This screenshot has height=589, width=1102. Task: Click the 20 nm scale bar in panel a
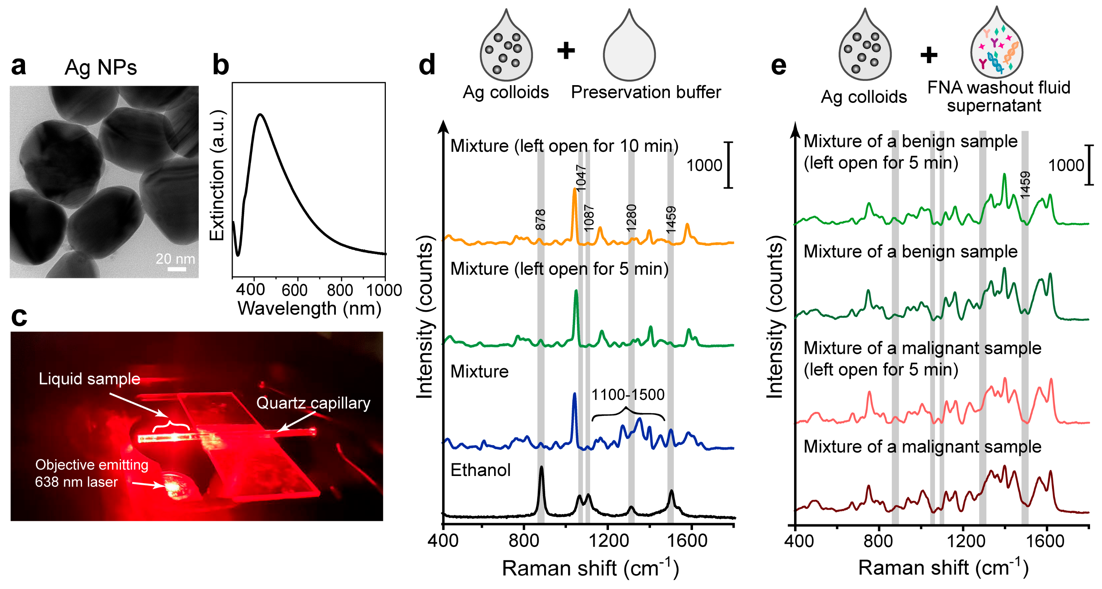(x=177, y=269)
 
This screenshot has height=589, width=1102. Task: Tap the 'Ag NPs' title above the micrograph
(x=101, y=68)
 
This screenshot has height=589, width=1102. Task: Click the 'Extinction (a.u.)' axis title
(x=217, y=175)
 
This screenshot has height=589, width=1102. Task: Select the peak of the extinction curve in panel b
(x=260, y=114)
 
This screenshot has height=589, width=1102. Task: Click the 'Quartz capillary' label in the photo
(x=313, y=403)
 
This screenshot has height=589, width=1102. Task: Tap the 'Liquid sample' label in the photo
(x=89, y=379)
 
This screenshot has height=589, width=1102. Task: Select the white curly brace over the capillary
(x=171, y=426)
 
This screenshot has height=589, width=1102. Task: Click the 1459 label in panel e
(x=1025, y=185)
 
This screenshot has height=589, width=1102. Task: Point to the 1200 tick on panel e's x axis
(x=963, y=541)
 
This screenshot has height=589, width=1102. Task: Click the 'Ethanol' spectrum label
(x=480, y=470)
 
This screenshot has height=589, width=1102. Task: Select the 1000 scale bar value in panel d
(x=704, y=166)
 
